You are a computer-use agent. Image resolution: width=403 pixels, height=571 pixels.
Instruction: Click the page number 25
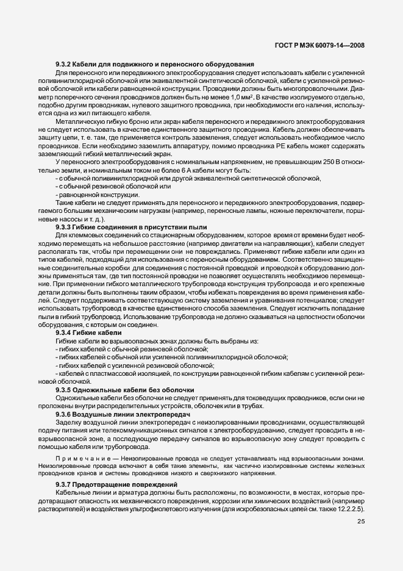[360, 521]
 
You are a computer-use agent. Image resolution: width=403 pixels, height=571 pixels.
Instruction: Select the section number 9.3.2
[63, 65]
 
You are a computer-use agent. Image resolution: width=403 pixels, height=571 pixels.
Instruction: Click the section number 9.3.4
[63, 333]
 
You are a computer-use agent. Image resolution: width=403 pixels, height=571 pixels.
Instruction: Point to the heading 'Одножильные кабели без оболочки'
[134, 389]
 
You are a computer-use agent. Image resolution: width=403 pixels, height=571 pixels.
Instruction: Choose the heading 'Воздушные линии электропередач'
[132, 414]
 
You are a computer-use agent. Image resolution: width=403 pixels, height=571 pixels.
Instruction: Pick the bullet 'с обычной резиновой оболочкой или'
[97, 185]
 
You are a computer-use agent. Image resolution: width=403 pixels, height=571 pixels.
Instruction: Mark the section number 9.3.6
[63, 414]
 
